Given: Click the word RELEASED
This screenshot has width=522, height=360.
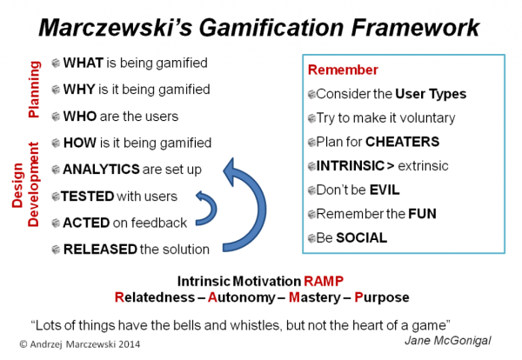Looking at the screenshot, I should click(x=100, y=250).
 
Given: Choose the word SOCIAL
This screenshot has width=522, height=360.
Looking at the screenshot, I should click(x=358, y=237).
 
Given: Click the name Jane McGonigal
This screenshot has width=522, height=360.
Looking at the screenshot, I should click(x=450, y=340).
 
